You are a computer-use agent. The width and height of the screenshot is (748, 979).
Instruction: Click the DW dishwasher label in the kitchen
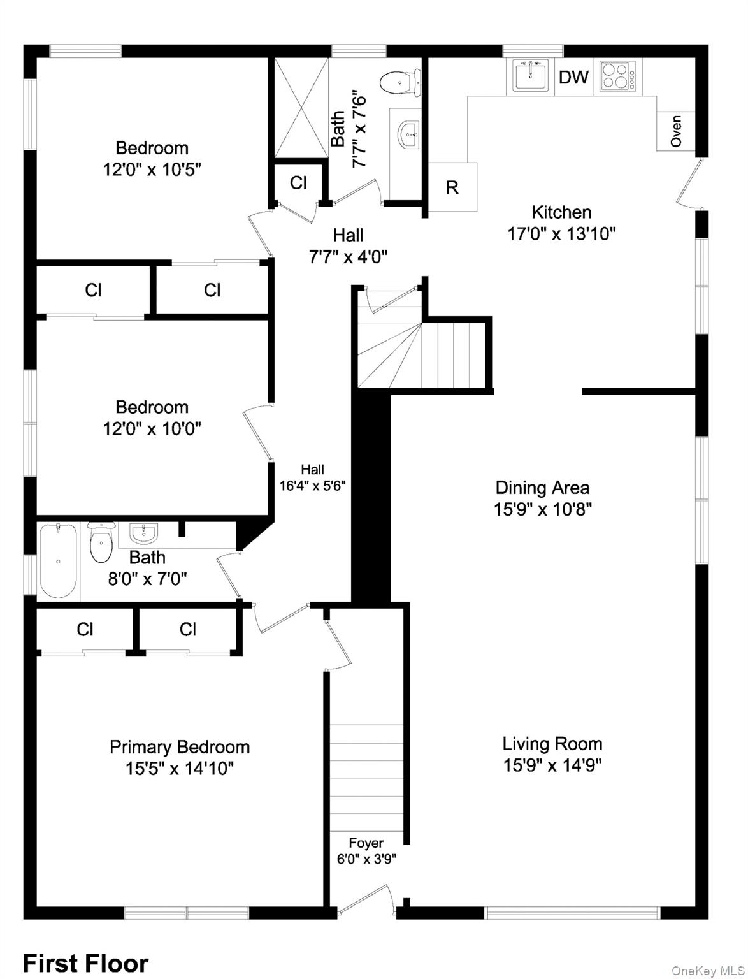573,77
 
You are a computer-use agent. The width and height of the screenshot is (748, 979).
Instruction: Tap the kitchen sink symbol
530,76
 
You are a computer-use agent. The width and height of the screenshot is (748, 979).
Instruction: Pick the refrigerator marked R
452,187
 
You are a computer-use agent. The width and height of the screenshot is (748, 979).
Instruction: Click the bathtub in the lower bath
59,561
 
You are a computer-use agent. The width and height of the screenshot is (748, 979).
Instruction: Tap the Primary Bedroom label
180,746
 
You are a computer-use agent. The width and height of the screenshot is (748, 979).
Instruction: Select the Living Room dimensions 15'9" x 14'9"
552,765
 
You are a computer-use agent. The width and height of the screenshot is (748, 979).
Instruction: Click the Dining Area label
542,488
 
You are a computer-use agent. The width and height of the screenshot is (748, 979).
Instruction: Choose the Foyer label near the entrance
366,843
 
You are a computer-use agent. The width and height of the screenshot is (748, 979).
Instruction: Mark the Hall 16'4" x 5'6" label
312,477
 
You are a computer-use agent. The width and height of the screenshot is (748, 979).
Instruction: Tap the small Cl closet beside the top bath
298,183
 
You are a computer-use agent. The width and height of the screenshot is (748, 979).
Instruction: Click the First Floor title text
85,962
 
